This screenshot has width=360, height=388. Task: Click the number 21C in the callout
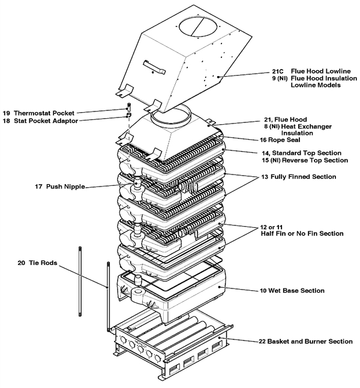tap(278, 71)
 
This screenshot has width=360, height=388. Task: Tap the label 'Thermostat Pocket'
tap(44, 113)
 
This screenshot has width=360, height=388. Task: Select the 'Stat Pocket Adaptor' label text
tap(46, 121)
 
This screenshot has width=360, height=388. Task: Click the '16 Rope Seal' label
tap(280, 140)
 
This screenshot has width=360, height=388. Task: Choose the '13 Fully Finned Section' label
tap(299, 177)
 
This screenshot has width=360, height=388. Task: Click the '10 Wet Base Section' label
tap(292, 290)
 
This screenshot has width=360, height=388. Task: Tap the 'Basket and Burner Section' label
tap(310, 341)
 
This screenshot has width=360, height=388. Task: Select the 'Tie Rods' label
tap(43, 263)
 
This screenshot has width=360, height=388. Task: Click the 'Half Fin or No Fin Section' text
tap(302, 234)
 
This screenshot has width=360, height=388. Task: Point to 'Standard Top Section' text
tap(307, 153)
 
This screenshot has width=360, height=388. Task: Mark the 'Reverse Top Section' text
tap(315, 160)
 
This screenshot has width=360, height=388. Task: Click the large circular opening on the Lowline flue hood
tap(199, 25)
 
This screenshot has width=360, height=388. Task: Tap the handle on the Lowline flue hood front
tap(154, 67)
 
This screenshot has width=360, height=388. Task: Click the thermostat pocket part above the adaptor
tap(129, 108)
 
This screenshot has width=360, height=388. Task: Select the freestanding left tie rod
tap(80, 281)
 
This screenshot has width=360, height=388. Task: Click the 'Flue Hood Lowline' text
tap(320, 71)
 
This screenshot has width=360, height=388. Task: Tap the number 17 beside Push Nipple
tap(38, 187)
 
